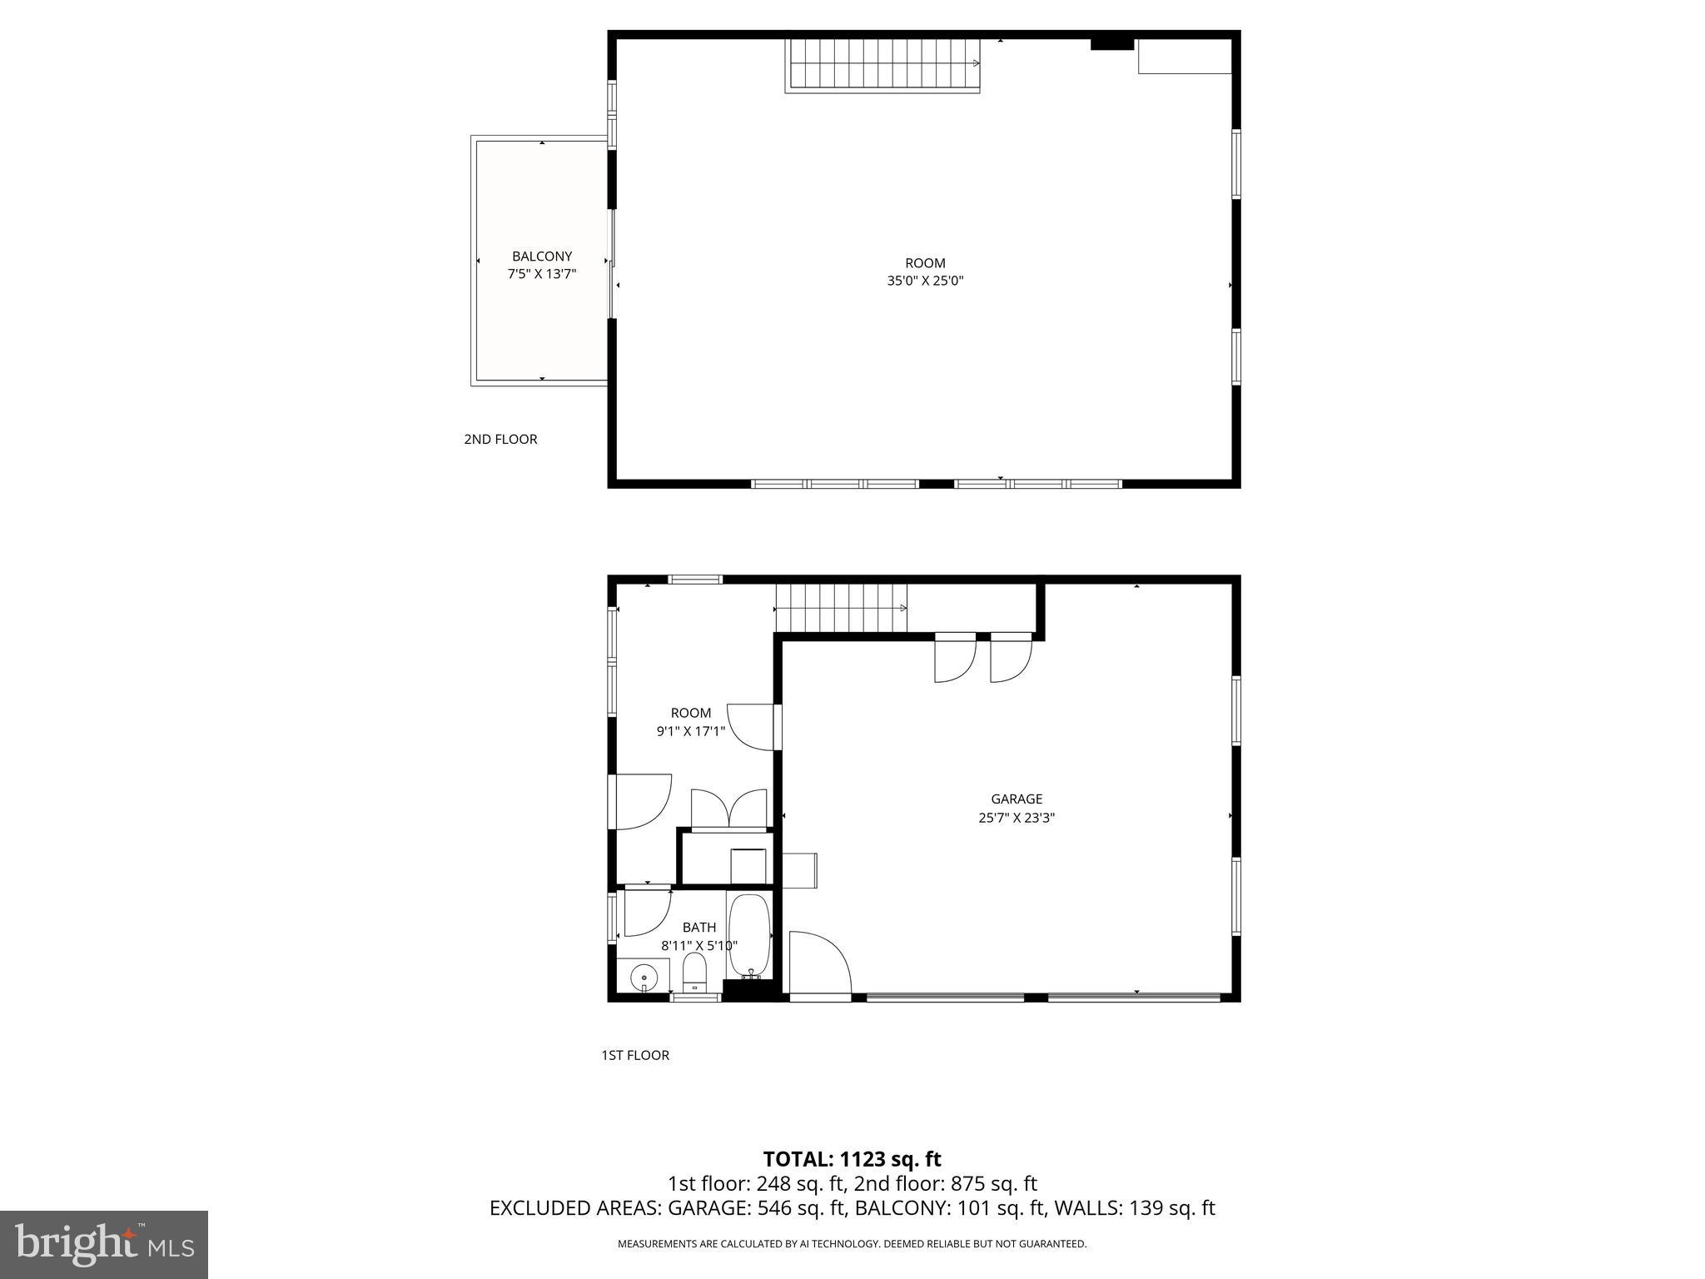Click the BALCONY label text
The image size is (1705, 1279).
click(x=542, y=256)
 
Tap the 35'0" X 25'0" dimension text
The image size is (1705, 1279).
click(x=925, y=281)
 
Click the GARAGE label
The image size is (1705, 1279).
click(x=1017, y=799)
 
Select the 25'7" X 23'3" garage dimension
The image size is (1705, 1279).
click(x=1017, y=819)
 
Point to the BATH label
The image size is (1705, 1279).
click(x=699, y=928)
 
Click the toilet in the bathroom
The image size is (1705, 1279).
click(x=694, y=972)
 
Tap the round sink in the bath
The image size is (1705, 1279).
click(x=644, y=975)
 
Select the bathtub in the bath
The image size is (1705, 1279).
click(x=750, y=937)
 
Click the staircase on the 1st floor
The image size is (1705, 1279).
click(x=841, y=608)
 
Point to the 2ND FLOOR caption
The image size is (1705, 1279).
click(x=500, y=440)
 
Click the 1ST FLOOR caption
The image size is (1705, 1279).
click(x=635, y=1056)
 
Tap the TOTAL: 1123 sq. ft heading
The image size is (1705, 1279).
click(x=852, y=1159)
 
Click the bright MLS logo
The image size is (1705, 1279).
click(x=104, y=1245)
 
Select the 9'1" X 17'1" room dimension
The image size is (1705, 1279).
click(x=691, y=732)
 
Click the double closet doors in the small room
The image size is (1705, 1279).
click(x=729, y=809)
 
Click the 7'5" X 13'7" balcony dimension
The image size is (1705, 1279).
click(x=542, y=274)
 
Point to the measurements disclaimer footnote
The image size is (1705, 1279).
click(x=852, y=1244)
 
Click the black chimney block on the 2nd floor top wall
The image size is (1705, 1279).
click(x=1112, y=44)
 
